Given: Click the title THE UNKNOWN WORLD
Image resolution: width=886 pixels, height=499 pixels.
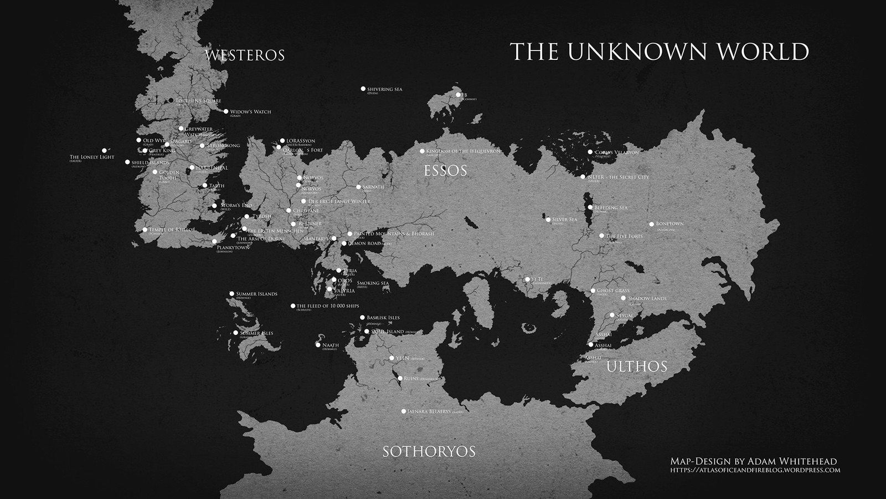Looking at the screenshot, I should coord(659,51).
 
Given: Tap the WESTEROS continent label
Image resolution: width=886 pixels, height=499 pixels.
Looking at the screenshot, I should coord(244,55).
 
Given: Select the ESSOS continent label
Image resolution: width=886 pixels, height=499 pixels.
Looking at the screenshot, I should coord(445,170).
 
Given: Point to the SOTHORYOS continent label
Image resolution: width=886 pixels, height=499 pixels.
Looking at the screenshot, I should coord(429,451).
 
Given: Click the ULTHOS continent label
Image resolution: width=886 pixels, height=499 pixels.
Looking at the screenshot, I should coord(637,366).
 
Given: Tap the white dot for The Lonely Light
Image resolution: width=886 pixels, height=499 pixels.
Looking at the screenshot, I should coord(104,150).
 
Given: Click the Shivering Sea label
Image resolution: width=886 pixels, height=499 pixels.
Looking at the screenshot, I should coord(385,89).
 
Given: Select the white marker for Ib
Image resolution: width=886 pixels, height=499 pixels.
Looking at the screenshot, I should coord(458,95).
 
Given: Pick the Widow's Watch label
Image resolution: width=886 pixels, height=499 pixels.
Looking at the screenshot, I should coord(250,112).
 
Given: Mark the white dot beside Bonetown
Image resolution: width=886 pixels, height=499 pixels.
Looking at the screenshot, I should coord(652,225).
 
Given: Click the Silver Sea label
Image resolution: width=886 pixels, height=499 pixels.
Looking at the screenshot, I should coord(564,220).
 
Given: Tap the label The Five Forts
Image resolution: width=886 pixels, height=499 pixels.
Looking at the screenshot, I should coord(624,236).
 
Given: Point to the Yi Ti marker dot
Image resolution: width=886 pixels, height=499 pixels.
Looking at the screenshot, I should coord(527,279).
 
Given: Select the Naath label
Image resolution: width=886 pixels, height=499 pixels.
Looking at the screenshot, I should coord(330,345).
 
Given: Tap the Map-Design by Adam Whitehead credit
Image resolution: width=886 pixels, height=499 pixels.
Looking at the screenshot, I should coord(753,461).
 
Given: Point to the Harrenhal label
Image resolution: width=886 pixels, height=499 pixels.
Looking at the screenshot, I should coord(212,168).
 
